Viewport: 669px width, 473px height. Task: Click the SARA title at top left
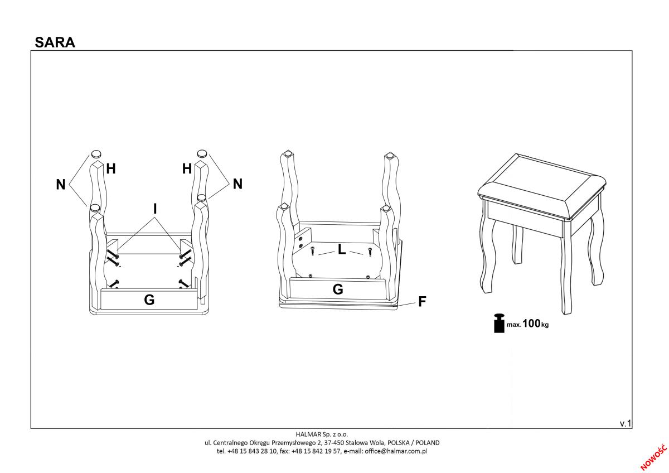click(55, 42)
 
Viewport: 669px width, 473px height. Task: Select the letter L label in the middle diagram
click(342, 251)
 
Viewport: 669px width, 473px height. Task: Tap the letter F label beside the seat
click(422, 302)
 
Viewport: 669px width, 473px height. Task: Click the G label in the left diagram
click(149, 300)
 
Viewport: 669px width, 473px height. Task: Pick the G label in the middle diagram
click(338, 289)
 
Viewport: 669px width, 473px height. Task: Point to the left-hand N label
click(61, 184)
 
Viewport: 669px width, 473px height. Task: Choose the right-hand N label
click(237, 184)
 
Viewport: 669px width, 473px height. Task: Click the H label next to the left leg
click(110, 168)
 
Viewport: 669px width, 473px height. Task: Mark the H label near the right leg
click(187, 168)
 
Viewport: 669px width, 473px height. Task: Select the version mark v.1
click(625, 423)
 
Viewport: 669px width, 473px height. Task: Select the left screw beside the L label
click(313, 252)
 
